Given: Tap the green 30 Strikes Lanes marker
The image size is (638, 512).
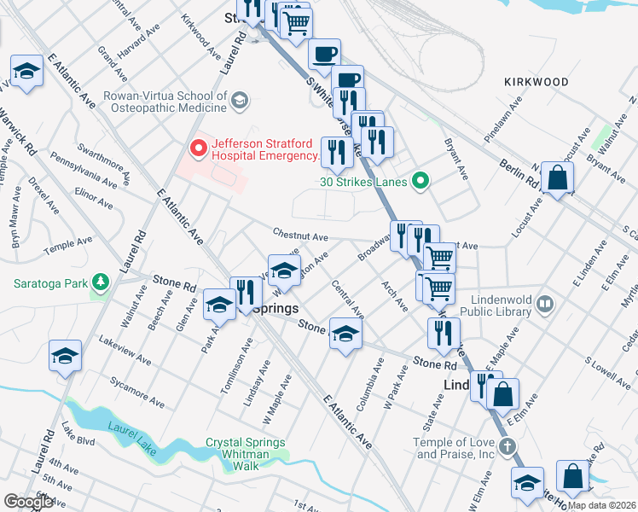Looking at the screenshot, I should (419, 181).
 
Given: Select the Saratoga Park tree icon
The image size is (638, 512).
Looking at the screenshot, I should (101, 282).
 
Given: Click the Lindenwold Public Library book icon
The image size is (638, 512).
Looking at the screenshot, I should (545, 304).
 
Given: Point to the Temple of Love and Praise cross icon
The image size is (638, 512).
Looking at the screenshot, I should (506, 447).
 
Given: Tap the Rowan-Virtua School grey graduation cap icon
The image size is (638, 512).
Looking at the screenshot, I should (240, 101).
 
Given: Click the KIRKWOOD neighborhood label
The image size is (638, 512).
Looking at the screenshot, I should (536, 82).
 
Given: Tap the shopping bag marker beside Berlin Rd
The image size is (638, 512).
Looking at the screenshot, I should (557, 179).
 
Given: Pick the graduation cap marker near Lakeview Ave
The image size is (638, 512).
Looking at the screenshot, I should (65, 356).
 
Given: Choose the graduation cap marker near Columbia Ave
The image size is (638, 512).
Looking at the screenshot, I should (345, 334).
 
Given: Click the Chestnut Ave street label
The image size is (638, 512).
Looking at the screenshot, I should (300, 235).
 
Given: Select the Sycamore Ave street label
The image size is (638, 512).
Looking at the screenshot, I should (136, 389).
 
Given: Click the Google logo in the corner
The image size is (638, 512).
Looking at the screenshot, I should (28, 502).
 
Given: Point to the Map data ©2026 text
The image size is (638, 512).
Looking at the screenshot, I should (602, 505).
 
